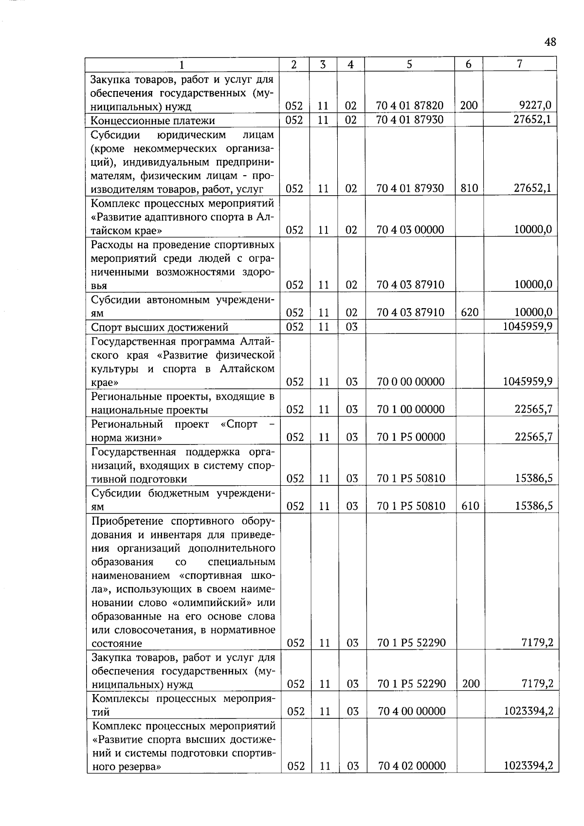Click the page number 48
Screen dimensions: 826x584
550,42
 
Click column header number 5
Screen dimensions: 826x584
409,64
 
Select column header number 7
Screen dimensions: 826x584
520,64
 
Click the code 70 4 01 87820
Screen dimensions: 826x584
410,105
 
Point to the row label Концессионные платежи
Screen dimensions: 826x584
153,120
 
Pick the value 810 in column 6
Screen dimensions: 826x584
469,188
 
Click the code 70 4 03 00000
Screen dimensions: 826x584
410,230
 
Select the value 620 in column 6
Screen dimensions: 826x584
469,312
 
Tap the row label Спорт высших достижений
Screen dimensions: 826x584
160,327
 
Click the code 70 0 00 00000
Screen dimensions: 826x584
411,382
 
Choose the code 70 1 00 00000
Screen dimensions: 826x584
411,409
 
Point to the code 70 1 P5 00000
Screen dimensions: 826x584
411,437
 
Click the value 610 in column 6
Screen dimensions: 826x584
470,506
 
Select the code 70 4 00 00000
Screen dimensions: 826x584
412,712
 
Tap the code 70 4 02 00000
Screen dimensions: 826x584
412,766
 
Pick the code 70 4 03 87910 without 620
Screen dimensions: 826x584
410,285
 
